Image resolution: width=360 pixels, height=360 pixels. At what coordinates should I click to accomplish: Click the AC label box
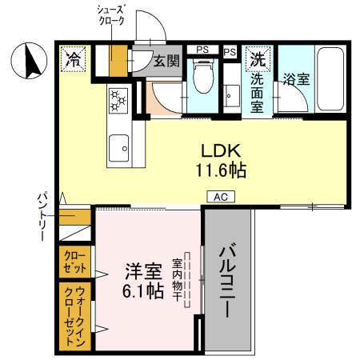[x=219, y=196]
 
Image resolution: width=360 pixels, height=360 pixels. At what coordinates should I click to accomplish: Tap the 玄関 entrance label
[x=166, y=62]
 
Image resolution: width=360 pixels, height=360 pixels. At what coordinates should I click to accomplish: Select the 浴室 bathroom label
[x=295, y=79]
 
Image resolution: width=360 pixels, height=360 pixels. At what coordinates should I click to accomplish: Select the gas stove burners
[x=118, y=100]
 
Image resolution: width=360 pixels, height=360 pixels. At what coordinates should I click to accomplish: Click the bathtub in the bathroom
[x=329, y=79]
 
